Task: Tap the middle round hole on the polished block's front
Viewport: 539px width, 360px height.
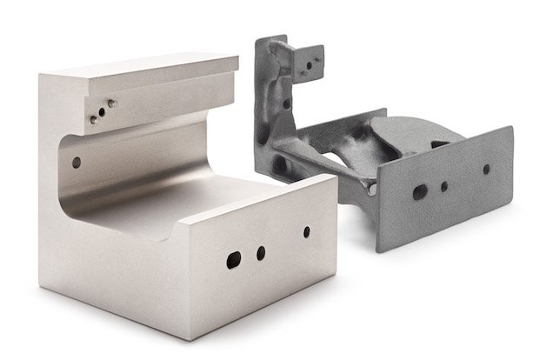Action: pos(261,253)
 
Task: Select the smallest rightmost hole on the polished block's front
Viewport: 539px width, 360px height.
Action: pos(306,232)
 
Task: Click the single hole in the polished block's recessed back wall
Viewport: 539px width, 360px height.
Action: pos(77,162)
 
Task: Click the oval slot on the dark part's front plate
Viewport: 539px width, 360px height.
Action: pos(420,191)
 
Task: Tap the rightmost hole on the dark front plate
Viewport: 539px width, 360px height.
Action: pos(486,170)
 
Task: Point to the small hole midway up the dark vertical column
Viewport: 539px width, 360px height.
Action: pos(287,104)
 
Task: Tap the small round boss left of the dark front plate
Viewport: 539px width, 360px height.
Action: pos(372,187)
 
